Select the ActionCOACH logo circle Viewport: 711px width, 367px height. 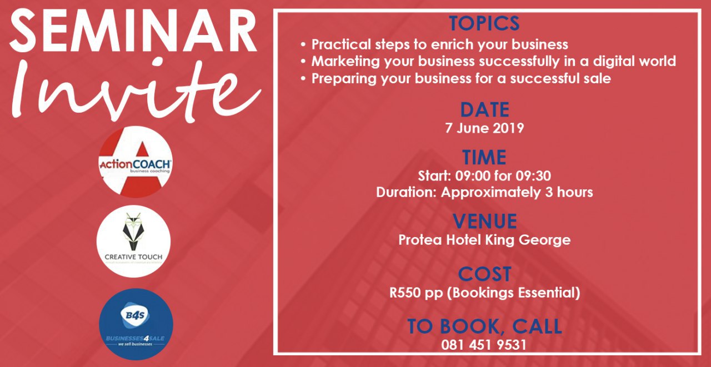[x=136, y=162]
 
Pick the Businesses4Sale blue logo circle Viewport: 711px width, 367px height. [x=136, y=324]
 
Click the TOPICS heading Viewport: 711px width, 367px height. [x=484, y=23]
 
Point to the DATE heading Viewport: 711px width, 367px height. [x=484, y=110]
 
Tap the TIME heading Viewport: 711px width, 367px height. [x=484, y=158]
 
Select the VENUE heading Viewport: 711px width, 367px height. [x=484, y=222]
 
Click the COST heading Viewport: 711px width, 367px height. [x=484, y=274]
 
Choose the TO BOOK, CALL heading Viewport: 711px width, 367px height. [x=484, y=326]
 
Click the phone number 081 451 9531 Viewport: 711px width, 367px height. [x=484, y=345]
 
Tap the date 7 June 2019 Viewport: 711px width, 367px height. [x=484, y=128]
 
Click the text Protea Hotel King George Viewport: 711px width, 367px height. [x=484, y=240]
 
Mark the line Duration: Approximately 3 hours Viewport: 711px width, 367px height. [x=484, y=193]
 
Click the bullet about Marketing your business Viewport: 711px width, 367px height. [x=489, y=61]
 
